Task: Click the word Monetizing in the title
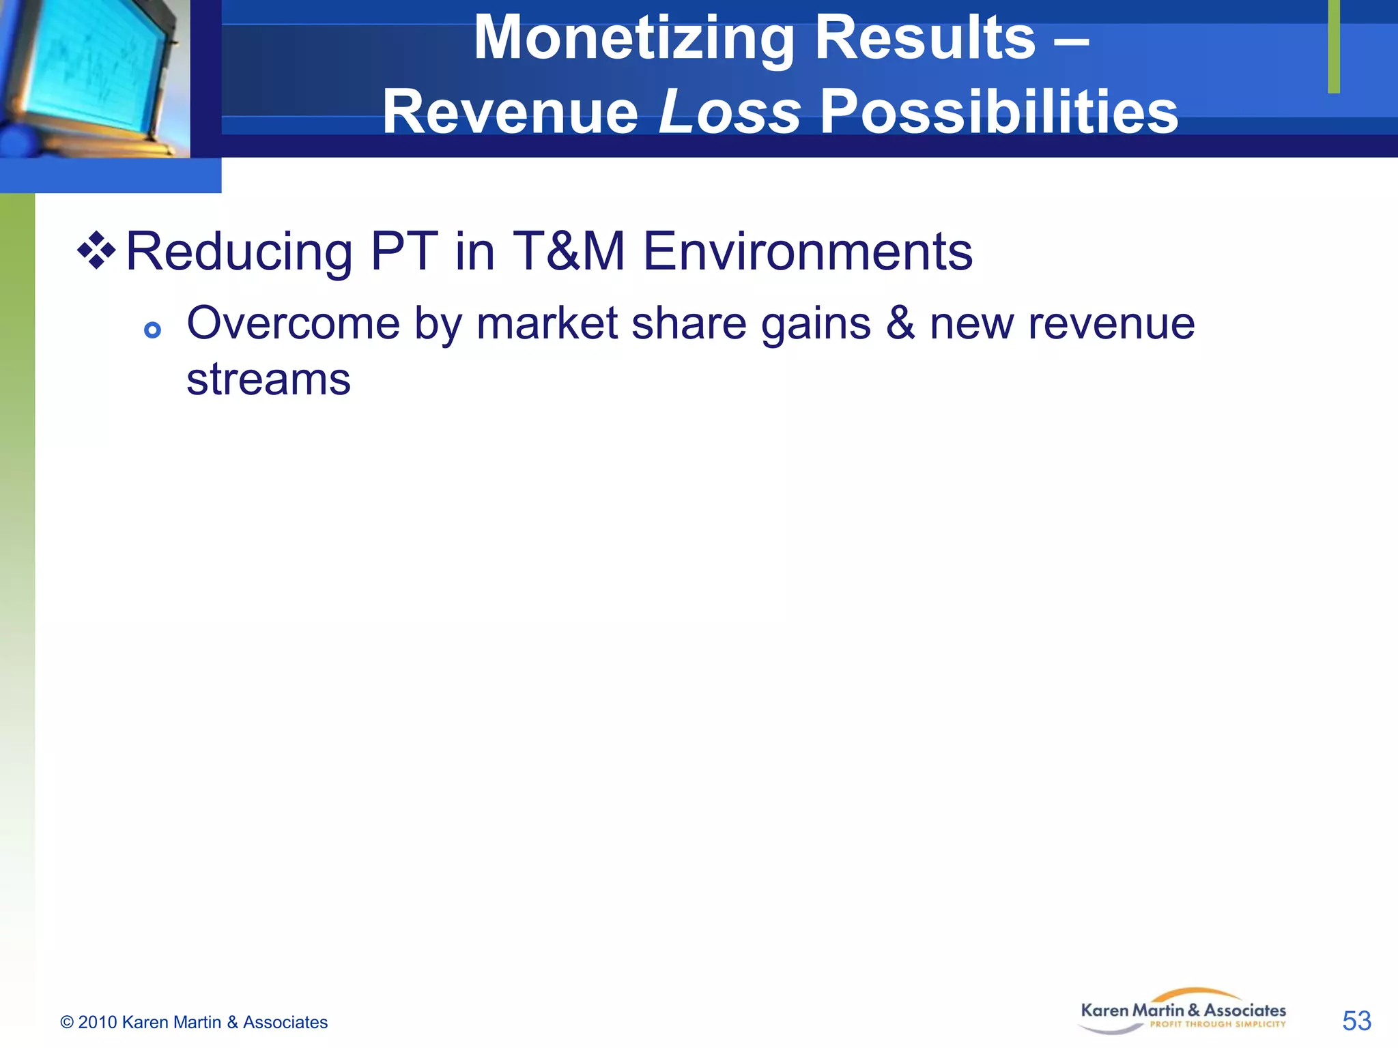click(634, 40)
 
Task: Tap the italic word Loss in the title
click(729, 112)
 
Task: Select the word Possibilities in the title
click(999, 112)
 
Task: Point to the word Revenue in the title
click(510, 112)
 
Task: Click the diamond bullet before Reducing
click(96, 250)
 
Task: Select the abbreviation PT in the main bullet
click(404, 251)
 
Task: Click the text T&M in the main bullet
click(568, 251)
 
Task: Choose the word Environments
click(808, 251)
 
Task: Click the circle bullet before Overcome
click(152, 331)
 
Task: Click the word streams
click(268, 380)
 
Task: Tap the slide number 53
click(1356, 1021)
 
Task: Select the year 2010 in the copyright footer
click(98, 1022)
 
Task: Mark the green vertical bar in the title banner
click(1334, 46)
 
